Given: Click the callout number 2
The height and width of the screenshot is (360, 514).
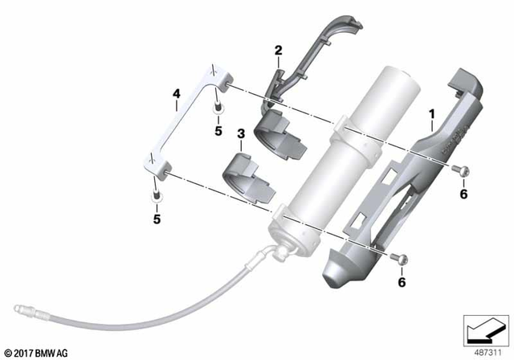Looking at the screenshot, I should (278, 51).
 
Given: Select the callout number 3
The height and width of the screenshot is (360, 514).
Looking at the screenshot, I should (240, 133).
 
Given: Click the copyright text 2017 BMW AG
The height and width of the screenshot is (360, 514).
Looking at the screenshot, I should (39, 352).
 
